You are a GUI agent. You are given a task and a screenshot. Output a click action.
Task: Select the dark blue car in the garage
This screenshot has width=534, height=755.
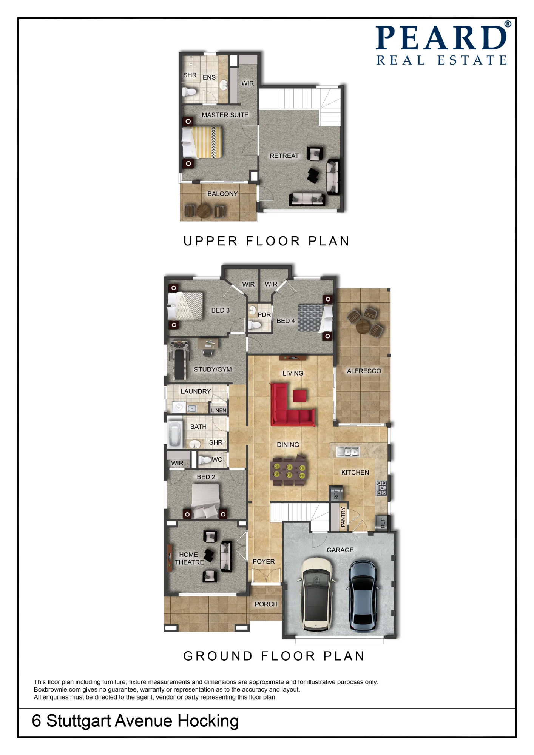[x=363, y=595]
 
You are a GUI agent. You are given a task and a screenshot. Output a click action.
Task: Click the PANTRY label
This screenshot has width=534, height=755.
[x=343, y=517]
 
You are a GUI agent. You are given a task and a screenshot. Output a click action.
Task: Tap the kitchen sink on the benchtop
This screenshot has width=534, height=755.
[x=348, y=451]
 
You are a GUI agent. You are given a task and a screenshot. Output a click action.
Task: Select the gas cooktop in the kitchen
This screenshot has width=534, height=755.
[x=381, y=488]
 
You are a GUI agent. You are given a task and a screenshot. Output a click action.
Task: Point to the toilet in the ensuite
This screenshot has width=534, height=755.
[x=189, y=92]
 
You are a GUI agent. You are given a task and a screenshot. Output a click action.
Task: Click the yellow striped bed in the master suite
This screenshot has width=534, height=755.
[x=202, y=142]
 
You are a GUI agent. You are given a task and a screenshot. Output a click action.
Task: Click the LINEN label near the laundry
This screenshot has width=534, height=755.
[x=219, y=410]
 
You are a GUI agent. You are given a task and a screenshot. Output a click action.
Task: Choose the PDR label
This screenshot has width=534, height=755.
[x=264, y=315]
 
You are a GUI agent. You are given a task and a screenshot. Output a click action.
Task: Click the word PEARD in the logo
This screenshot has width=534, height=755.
[x=441, y=38]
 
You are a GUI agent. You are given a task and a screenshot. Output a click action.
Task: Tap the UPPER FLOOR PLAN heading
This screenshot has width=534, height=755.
[x=267, y=241]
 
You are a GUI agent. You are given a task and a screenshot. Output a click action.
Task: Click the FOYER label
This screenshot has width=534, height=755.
[x=264, y=562]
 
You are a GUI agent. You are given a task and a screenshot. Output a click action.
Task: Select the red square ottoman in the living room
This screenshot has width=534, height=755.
[x=299, y=396]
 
